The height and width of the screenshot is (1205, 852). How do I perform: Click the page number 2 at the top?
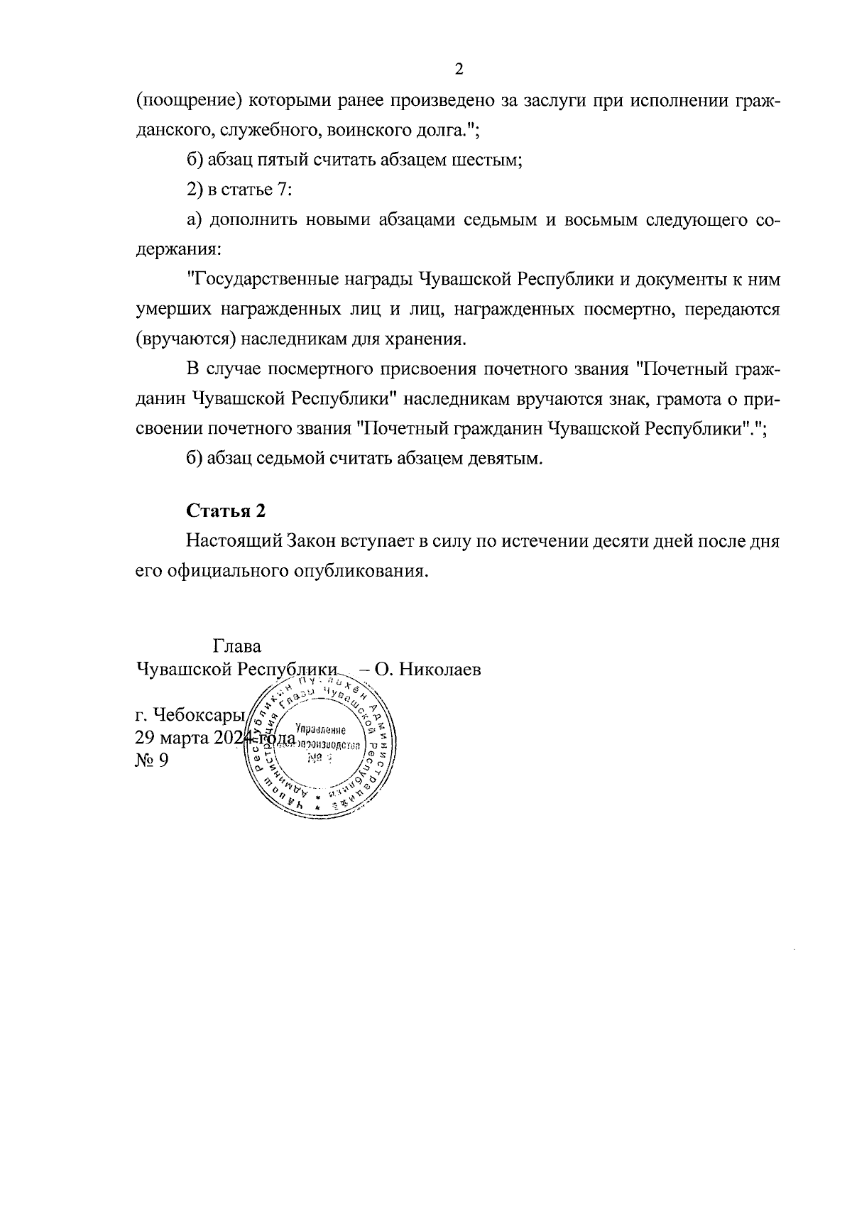click(x=458, y=70)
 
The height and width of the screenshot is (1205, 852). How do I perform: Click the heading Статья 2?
click(x=226, y=511)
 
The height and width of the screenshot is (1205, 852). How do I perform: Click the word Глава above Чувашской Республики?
click(x=236, y=647)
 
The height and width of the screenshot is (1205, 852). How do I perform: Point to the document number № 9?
click(x=151, y=761)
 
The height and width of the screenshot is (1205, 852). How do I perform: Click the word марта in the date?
click(x=185, y=738)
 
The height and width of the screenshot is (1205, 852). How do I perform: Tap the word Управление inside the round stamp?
click(x=321, y=730)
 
